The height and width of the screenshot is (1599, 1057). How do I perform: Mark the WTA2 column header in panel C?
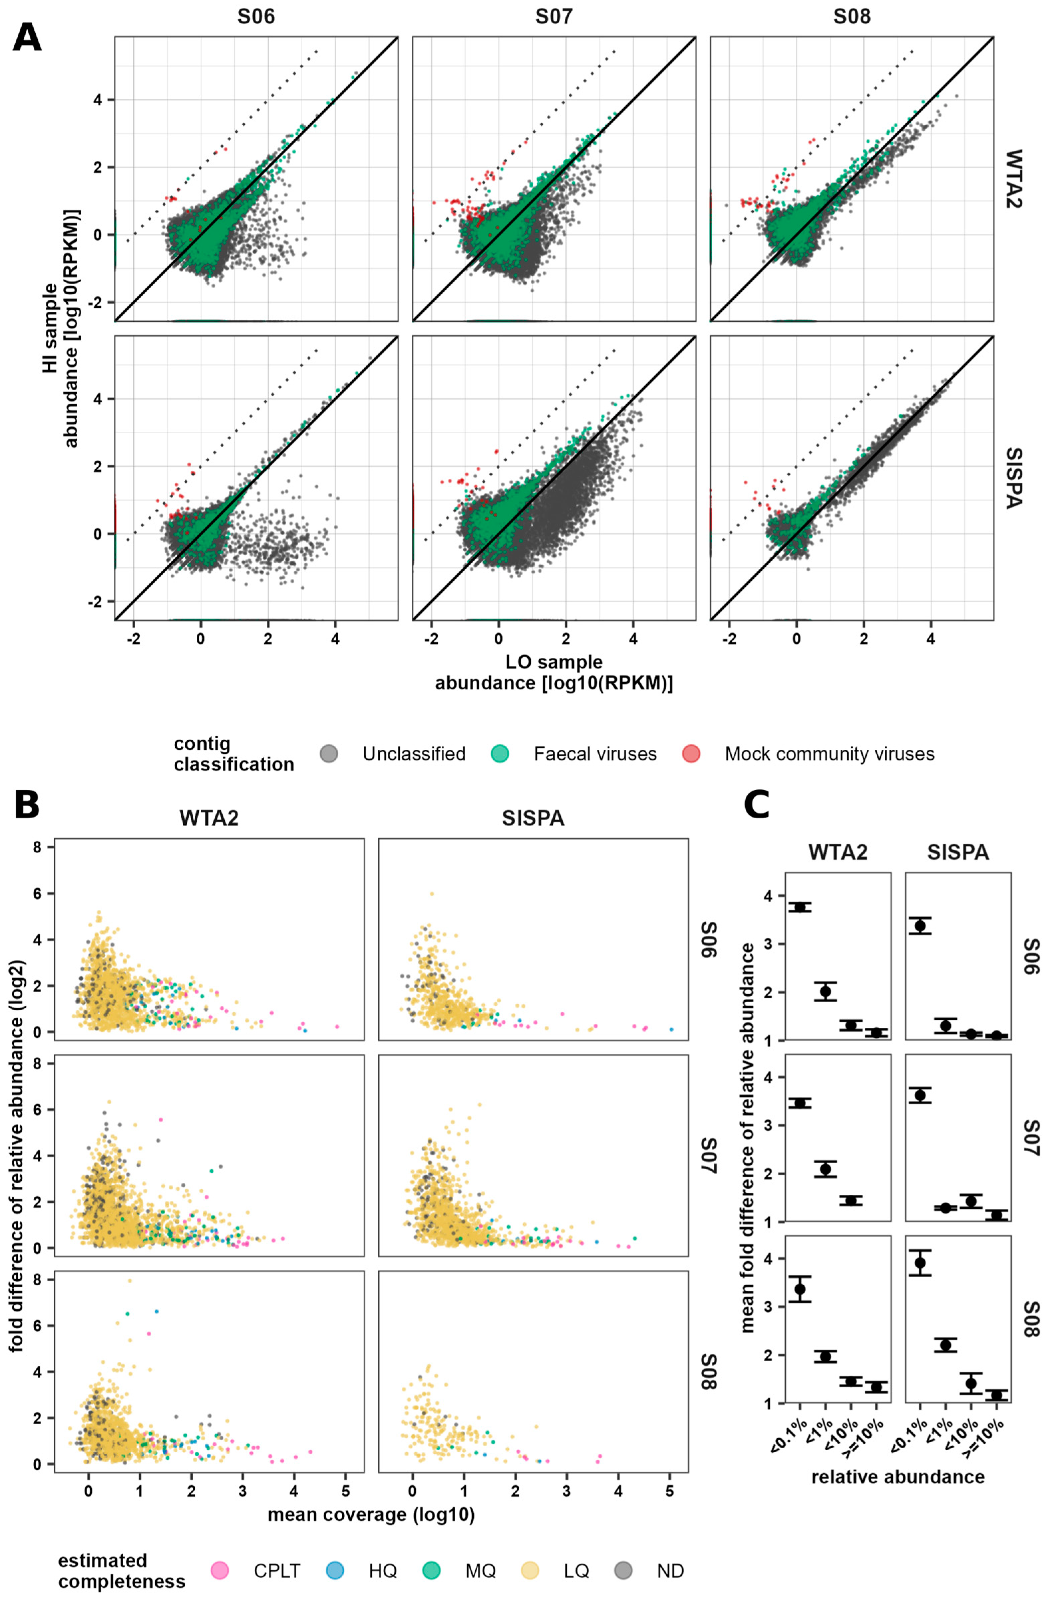point(838,852)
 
